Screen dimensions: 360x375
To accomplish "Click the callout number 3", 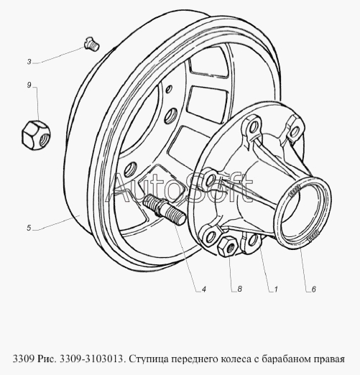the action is (29, 62).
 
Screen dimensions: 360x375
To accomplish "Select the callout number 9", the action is (29, 85).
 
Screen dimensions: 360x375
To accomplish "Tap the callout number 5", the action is (29, 228).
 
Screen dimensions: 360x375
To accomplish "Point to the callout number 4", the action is (204, 290).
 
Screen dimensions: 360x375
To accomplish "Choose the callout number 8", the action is (239, 289).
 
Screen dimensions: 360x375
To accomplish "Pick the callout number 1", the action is (276, 290).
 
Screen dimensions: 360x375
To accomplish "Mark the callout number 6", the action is (314, 290).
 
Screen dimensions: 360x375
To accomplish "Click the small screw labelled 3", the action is (92, 45).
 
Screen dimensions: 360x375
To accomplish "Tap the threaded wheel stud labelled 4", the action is (165, 209).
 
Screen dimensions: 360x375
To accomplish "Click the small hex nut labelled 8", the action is (228, 246).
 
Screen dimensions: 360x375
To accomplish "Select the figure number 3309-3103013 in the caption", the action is (92, 358).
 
